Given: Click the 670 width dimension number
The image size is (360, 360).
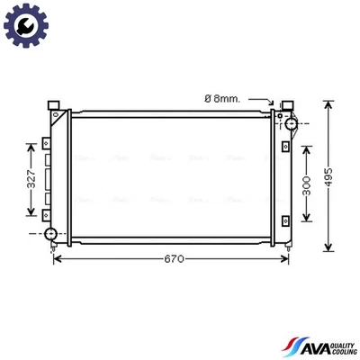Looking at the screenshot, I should coord(174,259).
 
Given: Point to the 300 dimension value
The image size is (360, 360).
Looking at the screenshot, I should coord(306,186).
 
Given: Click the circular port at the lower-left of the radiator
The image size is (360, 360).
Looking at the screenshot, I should coord(51,235).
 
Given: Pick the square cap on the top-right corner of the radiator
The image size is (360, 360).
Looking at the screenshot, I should coord(288,107).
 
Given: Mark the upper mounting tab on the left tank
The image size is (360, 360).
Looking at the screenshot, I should coord(45,144).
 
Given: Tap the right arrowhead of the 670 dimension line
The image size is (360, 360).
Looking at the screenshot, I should coord(288,259).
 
